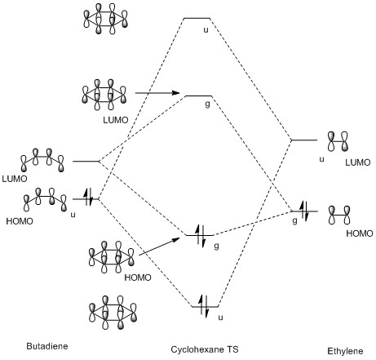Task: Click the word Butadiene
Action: point(47,346)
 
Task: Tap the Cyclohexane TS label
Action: point(205,349)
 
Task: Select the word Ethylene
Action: point(345,351)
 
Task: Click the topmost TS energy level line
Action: point(197,18)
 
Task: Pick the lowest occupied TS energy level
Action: point(206,307)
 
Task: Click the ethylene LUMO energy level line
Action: point(304,140)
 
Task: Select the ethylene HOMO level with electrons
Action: point(304,211)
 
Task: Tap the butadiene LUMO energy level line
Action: point(86,162)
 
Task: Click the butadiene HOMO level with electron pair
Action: point(86,199)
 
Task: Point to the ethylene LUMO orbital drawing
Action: point(338,141)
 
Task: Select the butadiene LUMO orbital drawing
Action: point(42,160)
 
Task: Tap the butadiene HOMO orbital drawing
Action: point(45,200)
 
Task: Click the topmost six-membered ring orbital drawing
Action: point(105,19)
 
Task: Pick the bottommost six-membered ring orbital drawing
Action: point(113,313)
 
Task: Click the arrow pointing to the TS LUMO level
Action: point(157,93)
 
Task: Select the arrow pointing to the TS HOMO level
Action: point(159,247)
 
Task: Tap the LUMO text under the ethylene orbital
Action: point(358,162)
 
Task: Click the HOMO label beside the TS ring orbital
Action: point(138,278)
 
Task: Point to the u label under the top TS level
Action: point(206,30)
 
